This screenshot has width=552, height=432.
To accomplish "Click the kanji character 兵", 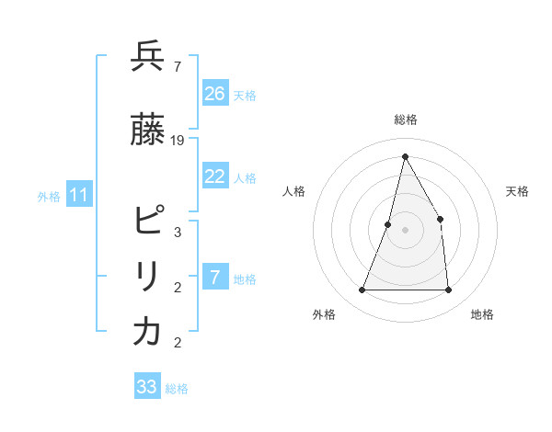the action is coord(147,57).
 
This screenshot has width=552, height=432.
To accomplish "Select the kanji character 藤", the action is coord(147,131).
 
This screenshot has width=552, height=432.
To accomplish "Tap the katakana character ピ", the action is coord(148,222).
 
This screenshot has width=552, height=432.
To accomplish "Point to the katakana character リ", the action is coord(147,277).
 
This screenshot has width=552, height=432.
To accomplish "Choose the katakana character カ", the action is coord(147,332).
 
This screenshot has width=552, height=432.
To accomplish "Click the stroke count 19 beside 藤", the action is coord(178,141).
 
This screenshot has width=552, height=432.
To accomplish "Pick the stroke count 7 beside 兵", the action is coord(177,66).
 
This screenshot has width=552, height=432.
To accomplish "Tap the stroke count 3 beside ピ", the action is coord(177,232).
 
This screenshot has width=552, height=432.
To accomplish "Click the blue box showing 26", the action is coord(215,94).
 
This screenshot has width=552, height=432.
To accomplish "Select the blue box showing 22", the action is coord(215,176).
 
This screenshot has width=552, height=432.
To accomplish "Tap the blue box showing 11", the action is coord(79,195).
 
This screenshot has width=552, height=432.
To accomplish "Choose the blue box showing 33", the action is coord(147,387).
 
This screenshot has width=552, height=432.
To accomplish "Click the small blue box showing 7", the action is coord(215,278).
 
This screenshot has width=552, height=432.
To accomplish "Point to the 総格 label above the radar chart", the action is coord(406,119).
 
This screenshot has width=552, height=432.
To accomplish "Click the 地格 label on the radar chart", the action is coord(482,314).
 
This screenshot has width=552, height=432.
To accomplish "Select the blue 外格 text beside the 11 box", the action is coord(49,196).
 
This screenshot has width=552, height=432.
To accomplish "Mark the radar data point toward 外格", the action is coord(362,290).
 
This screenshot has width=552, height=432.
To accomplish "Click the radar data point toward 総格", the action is coord(405,156).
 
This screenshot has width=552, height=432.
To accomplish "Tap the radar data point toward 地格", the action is coord(448,290).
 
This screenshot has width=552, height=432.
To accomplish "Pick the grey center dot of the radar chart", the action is coord(405,230).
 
